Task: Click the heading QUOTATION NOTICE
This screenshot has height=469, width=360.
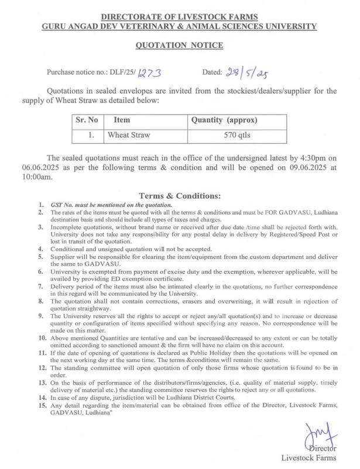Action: (x=180, y=44)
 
